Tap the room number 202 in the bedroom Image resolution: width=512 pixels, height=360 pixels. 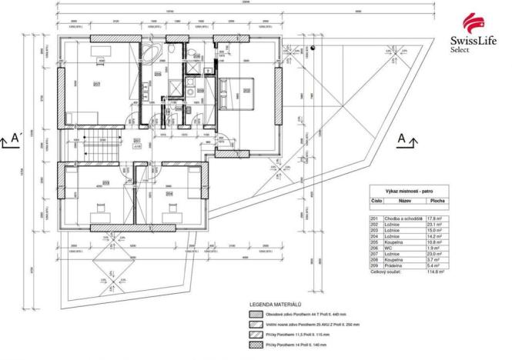pos(246,89)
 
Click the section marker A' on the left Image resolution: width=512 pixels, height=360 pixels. pos(12,141)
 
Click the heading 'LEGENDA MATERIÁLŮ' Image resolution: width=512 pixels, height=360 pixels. pos(270,305)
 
